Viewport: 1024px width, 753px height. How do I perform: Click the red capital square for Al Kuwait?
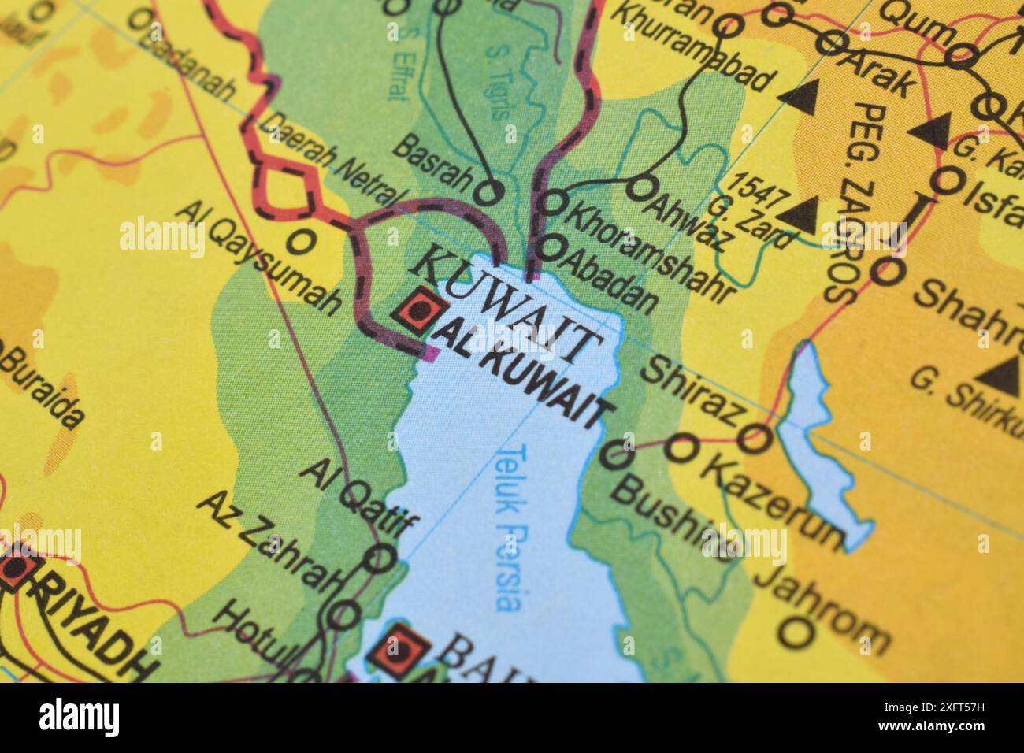tap(418, 311)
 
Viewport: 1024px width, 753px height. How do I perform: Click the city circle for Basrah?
tap(490, 191)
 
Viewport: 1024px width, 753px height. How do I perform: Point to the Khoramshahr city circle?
tap(554, 202)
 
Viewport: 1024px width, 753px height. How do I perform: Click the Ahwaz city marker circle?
tap(642, 187)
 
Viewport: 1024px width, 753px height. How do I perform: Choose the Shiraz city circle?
tap(755, 437)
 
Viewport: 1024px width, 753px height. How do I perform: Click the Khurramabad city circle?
tap(729, 26)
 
